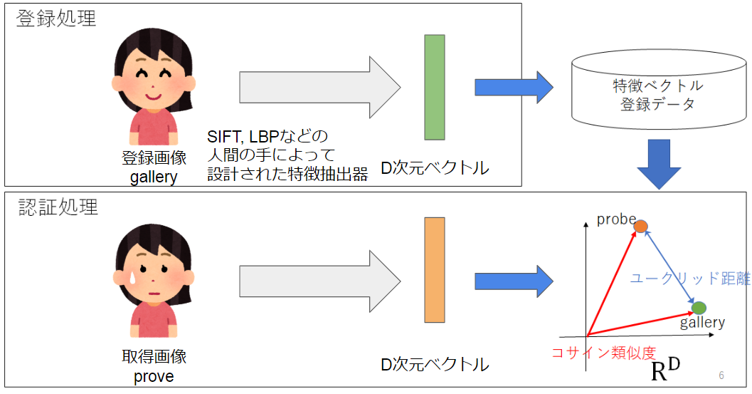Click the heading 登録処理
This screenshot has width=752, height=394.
click(56, 19)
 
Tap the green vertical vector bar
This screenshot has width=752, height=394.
click(434, 87)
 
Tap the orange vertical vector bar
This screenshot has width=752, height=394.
click(434, 270)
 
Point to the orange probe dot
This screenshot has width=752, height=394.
click(641, 226)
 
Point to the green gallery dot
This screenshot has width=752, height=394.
click(699, 308)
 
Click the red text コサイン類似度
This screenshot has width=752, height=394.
click(603, 352)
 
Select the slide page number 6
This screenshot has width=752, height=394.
click(721, 375)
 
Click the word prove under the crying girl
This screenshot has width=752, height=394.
click(153, 375)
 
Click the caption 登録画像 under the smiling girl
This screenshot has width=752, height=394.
click(154, 158)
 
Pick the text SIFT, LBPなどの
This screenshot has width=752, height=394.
click(267, 136)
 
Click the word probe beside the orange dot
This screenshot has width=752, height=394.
click(616, 219)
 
